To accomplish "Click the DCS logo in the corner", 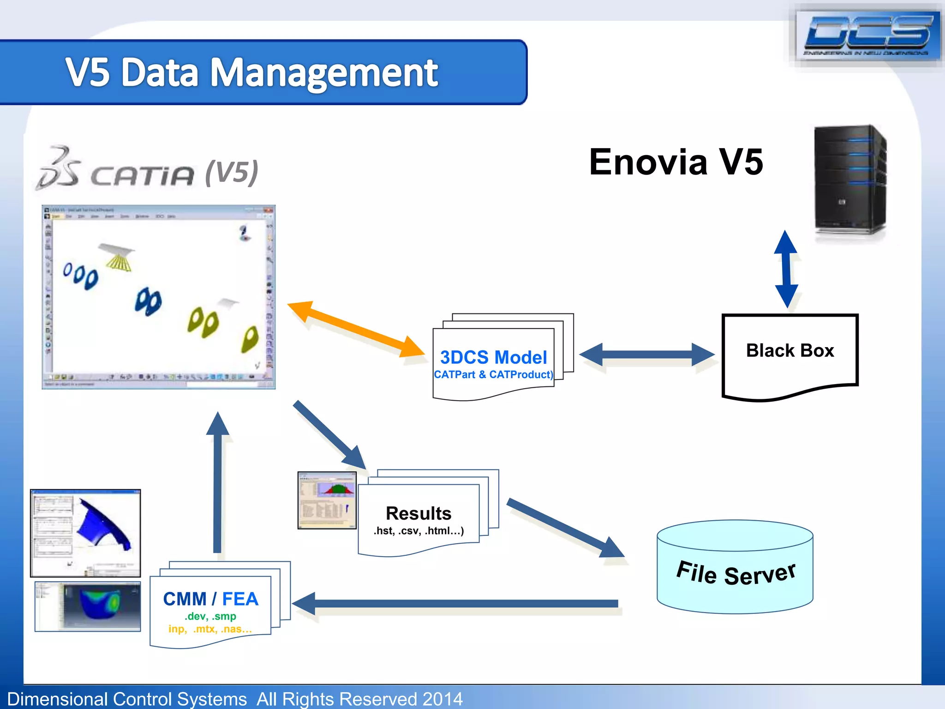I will click(x=867, y=35).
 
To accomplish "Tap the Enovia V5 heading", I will click(x=676, y=162).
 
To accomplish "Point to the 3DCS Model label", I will click(x=493, y=357).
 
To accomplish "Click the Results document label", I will click(x=418, y=513).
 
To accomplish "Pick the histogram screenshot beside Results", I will click(x=327, y=500).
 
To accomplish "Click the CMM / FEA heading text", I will click(x=210, y=599).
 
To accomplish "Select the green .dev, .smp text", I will click(x=210, y=616).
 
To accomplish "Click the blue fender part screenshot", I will click(x=85, y=533).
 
